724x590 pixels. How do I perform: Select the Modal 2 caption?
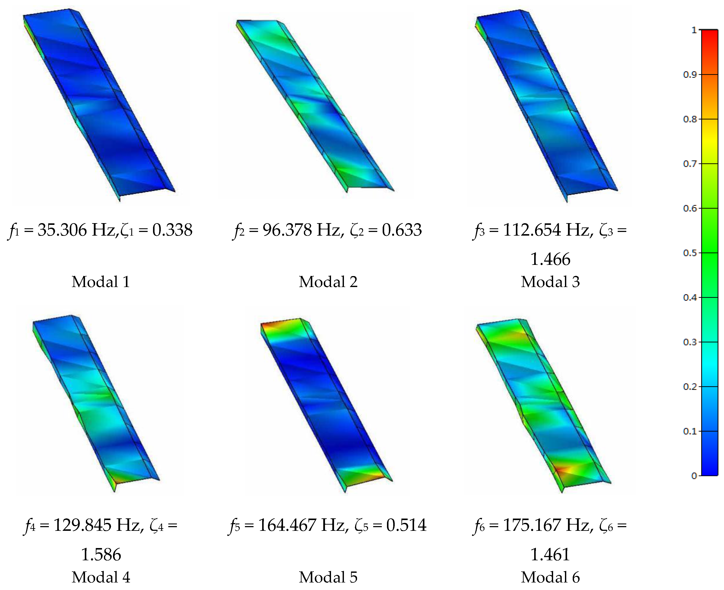pos(328,282)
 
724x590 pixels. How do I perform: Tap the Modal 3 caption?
pos(550,282)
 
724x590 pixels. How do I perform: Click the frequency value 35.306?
pos(62,230)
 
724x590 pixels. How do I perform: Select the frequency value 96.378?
pos(287,230)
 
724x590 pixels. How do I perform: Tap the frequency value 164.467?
pos(287,525)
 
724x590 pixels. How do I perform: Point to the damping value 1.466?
pos(550,259)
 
